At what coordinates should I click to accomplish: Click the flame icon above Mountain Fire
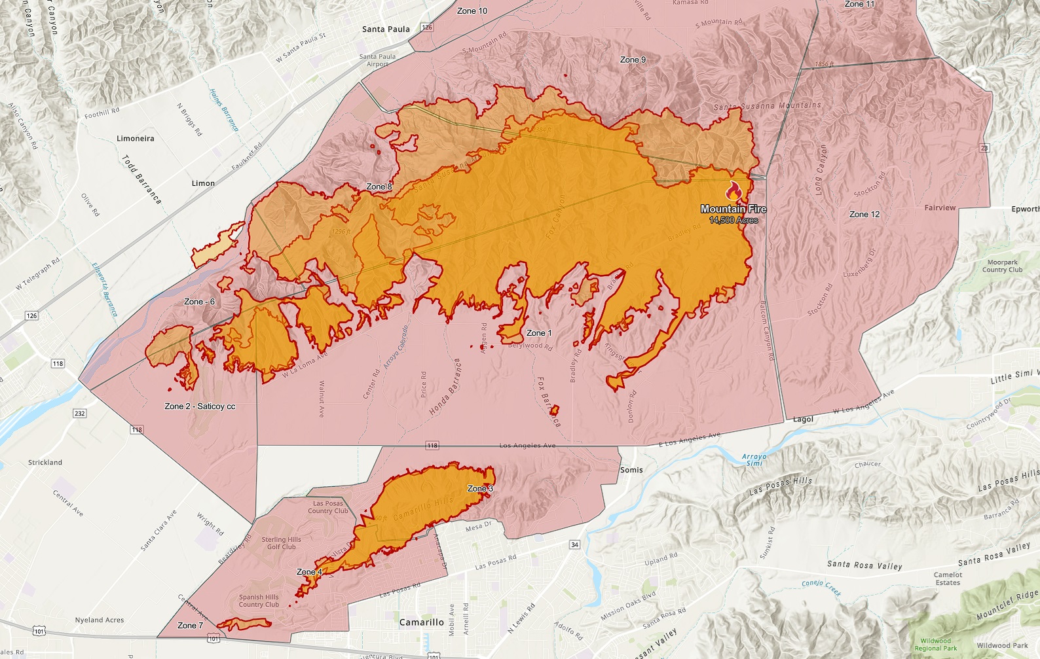coord(733,191)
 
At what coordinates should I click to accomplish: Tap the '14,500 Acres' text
coord(734,221)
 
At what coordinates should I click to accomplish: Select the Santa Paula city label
coord(386,29)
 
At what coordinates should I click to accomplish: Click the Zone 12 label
coord(864,215)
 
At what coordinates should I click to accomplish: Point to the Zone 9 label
coord(633,60)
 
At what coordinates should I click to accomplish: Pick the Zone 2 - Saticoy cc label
coord(200,406)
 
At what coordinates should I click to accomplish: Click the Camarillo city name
coord(421,622)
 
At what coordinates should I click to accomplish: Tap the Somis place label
coord(631,470)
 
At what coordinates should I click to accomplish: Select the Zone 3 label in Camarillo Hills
coord(480,489)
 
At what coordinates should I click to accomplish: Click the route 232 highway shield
coord(80,414)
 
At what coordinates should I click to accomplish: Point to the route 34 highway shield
coord(574,544)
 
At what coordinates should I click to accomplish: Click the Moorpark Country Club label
coord(1002,266)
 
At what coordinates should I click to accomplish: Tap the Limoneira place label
coord(136,139)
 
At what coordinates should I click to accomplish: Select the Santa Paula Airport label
coord(377,60)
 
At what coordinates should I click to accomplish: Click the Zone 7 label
coord(190,626)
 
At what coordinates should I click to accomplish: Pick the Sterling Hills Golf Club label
coord(282,543)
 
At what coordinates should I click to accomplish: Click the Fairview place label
coord(940,208)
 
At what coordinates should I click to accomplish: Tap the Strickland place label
coord(45,463)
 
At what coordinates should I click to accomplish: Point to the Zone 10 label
coord(472,11)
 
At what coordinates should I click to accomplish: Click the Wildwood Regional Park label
coord(935,645)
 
